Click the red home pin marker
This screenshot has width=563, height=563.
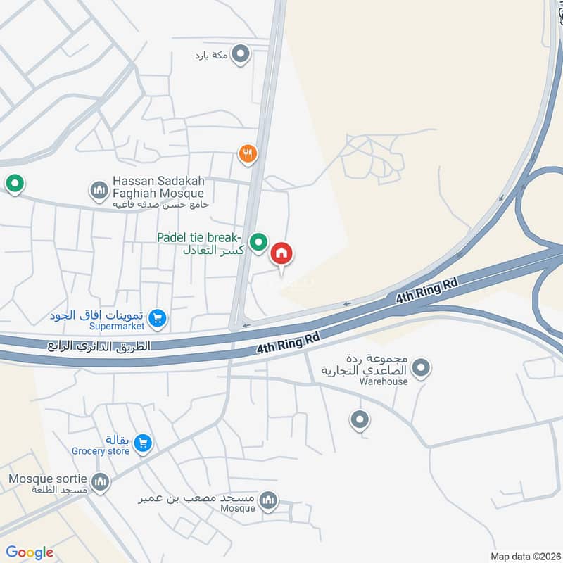coord(281,253)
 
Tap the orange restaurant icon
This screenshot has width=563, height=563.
coord(246,153)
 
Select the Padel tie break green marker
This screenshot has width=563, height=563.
coord(259,243)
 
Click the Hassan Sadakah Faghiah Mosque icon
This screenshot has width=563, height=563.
coord(99,190)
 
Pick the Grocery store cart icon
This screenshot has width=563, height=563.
coord(143,443)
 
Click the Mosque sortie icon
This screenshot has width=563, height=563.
coord(101,482)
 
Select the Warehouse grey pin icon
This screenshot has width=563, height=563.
coord(421,367)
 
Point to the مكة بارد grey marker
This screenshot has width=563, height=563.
coord(241,53)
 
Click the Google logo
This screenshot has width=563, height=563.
coord(30,552)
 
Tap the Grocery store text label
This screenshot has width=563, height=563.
coord(101,451)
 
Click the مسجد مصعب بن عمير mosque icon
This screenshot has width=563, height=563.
coord(267,500)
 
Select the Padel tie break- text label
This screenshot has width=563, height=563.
coord(200,236)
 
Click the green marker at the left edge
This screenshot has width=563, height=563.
coord(14,184)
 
